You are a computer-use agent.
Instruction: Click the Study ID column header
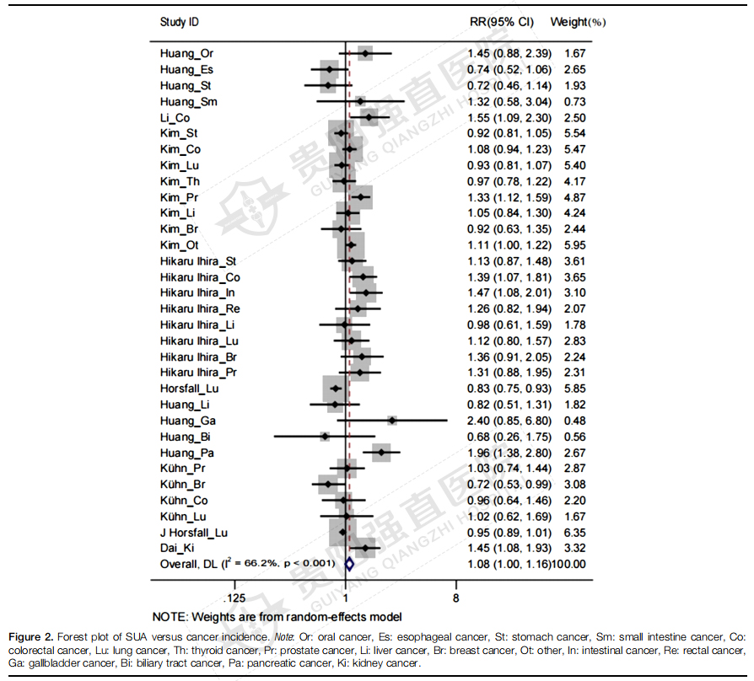tap(179, 21)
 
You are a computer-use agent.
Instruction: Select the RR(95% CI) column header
tap(501, 21)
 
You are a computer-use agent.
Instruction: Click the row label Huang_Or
tap(186, 54)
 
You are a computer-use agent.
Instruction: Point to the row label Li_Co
tap(175, 118)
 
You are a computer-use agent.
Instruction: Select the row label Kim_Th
tap(180, 181)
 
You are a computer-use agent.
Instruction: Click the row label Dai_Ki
tap(178, 548)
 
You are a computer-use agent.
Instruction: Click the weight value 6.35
tap(574, 533)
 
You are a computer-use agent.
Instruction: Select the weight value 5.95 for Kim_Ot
tap(574, 245)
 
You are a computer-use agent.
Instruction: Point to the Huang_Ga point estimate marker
tap(392, 420)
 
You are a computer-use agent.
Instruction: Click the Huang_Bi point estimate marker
tap(325, 437)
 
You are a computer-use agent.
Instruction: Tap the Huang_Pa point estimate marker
tap(381, 453)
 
